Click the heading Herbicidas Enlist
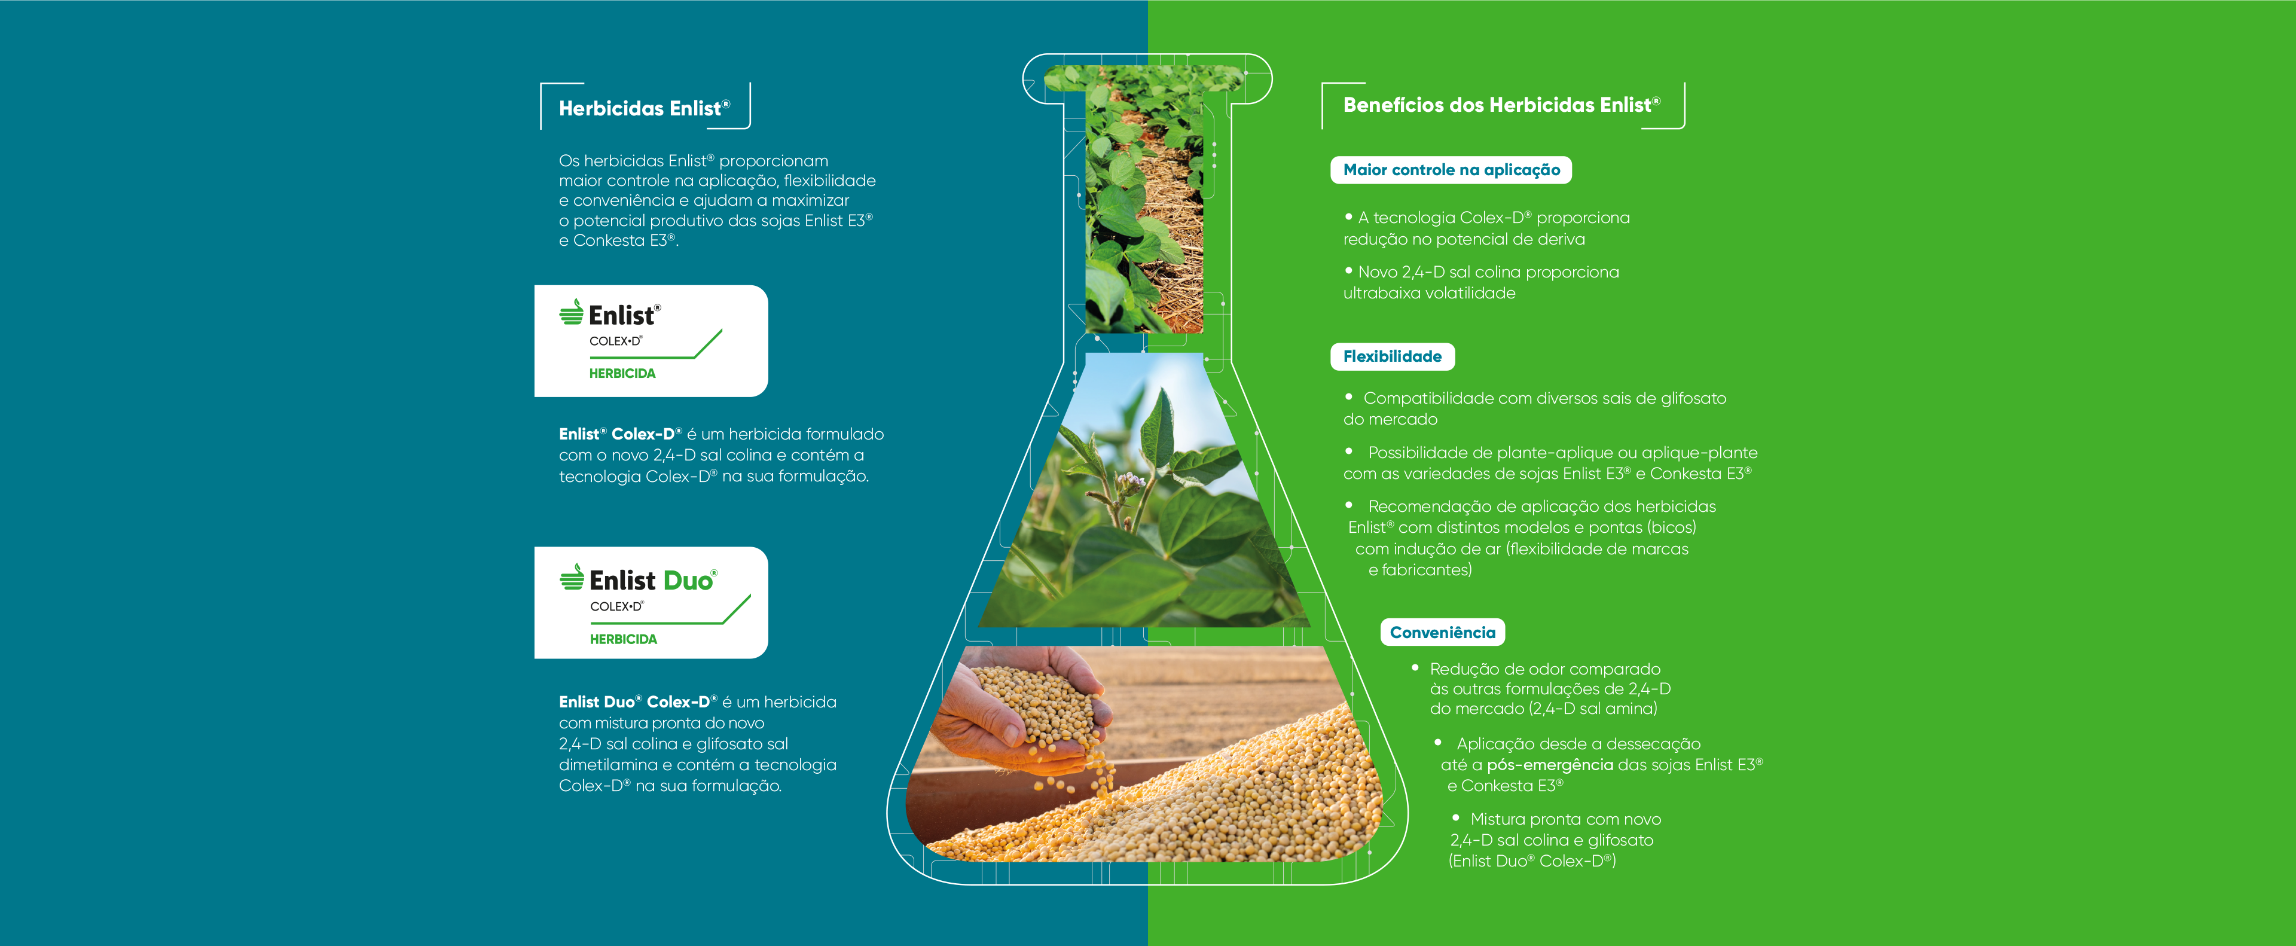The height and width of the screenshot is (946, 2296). click(643, 108)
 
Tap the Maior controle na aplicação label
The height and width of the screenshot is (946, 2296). click(1451, 169)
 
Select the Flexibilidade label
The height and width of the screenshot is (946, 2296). click(1392, 356)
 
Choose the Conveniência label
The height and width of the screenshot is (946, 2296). click(1442, 632)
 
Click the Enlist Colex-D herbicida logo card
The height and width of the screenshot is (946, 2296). click(651, 341)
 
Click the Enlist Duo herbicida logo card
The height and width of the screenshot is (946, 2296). click(651, 603)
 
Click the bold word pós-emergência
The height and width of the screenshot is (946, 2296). click(1550, 765)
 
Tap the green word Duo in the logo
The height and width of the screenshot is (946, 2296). click(688, 581)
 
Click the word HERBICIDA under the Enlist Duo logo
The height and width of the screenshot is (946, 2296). click(623, 639)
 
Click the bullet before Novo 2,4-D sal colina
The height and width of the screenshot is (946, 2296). click(1348, 270)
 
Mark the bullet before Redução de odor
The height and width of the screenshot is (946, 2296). click(1415, 667)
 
